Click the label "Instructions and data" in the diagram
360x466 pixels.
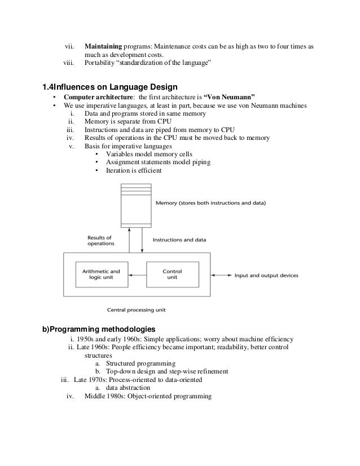pos(180,239)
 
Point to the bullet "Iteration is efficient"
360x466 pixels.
pos(134,170)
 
